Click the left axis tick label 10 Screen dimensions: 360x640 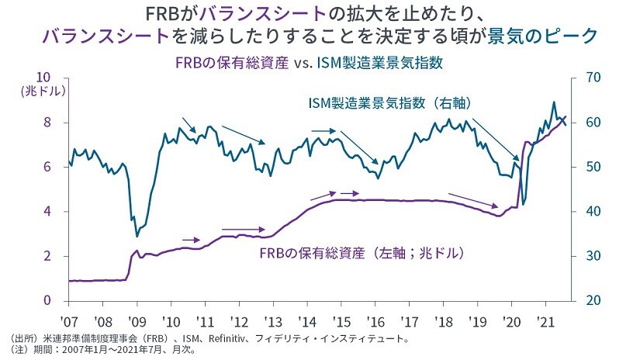43,78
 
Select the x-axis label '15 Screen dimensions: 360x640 339,320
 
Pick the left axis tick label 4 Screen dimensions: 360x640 47,211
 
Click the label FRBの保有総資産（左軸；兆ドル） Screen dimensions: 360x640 364,253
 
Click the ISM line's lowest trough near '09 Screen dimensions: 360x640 137,235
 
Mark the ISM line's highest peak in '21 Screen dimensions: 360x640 553,102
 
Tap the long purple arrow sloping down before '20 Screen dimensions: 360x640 473,199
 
